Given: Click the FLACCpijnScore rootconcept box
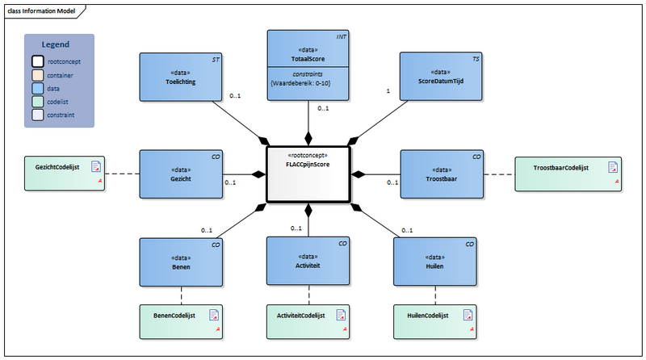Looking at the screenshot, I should (x=307, y=174).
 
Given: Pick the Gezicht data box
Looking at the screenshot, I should (x=179, y=174).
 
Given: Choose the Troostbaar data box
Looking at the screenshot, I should (x=441, y=174).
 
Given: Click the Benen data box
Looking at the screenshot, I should (x=179, y=262).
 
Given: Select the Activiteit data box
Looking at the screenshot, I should (x=308, y=262).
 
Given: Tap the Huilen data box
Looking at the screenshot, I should (x=434, y=262).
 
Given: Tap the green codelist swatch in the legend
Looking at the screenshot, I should (x=39, y=102).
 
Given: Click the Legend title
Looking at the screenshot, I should (x=56, y=45).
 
